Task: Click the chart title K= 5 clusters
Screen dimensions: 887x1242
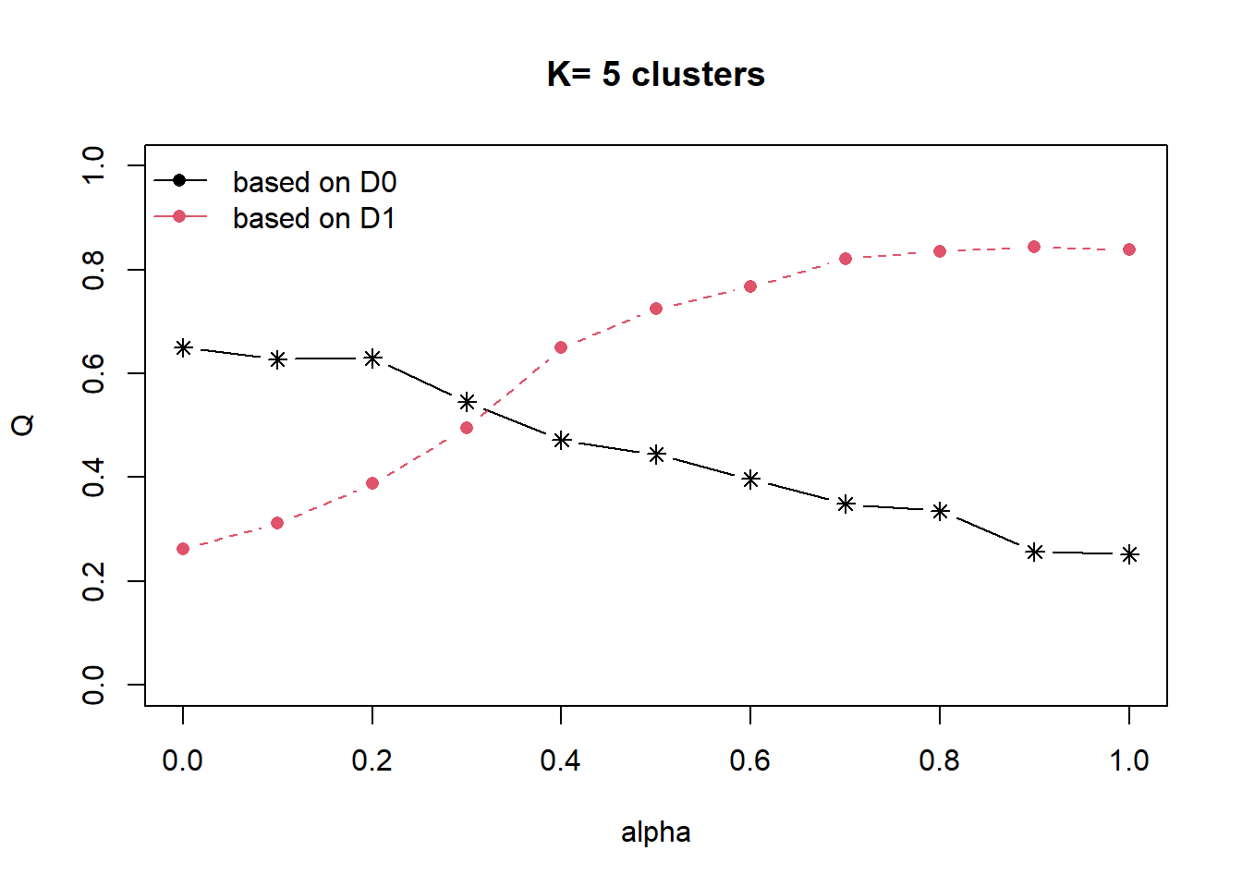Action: (655, 74)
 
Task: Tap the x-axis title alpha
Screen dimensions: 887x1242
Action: (655, 832)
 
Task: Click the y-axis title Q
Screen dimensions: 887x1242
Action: (22, 425)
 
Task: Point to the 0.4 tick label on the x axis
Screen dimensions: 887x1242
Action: (560, 760)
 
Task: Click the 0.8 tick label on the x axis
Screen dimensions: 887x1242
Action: (939, 760)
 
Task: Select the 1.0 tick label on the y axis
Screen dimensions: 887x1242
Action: (93, 165)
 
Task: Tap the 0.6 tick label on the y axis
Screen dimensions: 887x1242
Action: (93, 373)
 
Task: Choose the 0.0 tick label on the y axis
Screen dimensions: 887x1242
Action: (93, 685)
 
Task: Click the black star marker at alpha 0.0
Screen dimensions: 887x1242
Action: (183, 347)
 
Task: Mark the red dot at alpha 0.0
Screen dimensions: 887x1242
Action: (183, 549)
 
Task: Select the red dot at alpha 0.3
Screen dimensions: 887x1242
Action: (467, 428)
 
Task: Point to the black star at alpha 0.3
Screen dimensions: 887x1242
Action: (467, 402)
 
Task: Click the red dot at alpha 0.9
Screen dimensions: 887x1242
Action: (1034, 247)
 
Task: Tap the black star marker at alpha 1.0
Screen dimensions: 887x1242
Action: (1129, 554)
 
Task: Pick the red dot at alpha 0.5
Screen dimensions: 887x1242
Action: (656, 309)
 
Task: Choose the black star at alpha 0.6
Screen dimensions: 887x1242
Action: (750, 480)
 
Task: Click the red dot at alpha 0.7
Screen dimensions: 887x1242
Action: (846, 259)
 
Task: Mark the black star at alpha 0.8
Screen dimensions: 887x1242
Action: (940, 511)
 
